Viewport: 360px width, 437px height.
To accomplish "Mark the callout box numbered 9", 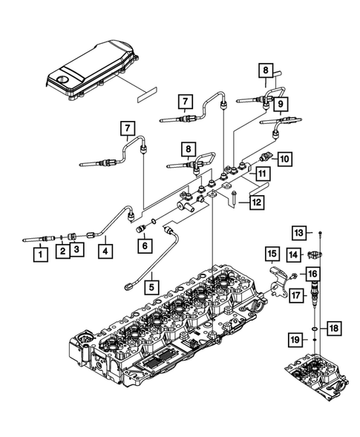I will [283, 106].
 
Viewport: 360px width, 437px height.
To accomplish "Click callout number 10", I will [285, 157].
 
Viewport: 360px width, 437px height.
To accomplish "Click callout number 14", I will [294, 255].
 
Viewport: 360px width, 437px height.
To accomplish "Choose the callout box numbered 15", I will [272, 254].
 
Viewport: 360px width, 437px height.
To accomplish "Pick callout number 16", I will [313, 275].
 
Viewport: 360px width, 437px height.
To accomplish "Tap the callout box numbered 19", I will [295, 340].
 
